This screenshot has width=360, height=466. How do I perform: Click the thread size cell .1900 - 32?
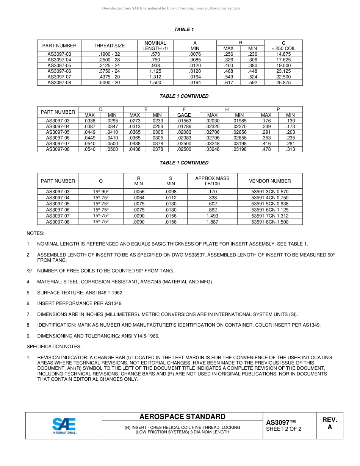coord(109,54)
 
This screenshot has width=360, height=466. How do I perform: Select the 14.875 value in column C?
coord(283,54)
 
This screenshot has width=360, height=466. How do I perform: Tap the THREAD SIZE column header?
coord(109,45)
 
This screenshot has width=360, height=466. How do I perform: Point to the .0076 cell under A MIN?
coord(195,54)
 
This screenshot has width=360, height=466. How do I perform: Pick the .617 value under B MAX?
coord(229,83)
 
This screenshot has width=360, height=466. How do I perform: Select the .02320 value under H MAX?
coord(212,127)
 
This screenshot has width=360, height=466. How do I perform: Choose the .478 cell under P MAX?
coord(266,149)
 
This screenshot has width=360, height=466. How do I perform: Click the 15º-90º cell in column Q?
coord(101,192)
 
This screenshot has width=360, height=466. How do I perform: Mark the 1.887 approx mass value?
coord(212,222)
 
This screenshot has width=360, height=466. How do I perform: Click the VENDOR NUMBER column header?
coord(270,181)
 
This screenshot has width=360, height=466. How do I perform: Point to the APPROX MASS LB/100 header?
coord(212,181)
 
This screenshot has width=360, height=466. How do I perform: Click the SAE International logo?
coord(64,425)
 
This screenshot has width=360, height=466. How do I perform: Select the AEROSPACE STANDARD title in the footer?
coord(182,417)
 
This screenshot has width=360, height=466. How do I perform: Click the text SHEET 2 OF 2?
coord(284,429)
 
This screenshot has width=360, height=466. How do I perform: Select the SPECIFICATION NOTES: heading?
coord(54,347)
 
